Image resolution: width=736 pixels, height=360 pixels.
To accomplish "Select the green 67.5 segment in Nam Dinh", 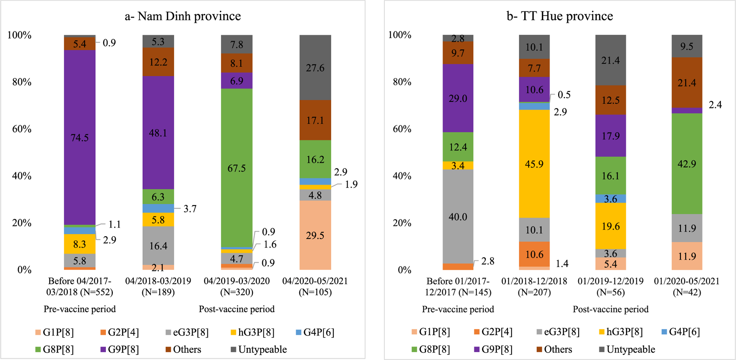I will pos(237,168).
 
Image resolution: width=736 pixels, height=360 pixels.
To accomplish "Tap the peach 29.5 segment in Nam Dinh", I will pos(315,235).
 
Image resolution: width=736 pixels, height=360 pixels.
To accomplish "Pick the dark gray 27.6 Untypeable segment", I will pos(315,67).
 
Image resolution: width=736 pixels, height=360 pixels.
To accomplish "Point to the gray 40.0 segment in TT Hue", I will pos(458,217).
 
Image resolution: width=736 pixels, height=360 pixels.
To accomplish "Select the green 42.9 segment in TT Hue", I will pos(687,163).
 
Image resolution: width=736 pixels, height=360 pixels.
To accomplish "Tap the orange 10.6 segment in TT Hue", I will pos(534,254).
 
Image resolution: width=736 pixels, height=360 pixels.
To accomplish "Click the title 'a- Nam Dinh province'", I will pos(183,16).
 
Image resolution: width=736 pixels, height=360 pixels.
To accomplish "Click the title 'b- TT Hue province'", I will pos(560,16).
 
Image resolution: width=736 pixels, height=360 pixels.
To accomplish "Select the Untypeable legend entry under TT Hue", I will pos(626,350).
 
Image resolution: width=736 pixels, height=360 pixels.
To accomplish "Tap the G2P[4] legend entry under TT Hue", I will pos(492,332).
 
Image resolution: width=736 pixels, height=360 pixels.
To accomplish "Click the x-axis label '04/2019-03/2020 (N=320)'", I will pos(237,286).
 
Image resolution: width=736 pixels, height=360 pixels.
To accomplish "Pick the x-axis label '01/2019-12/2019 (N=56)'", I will pos(610,286).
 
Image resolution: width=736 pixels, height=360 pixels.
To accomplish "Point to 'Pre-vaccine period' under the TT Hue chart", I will pos(458,309).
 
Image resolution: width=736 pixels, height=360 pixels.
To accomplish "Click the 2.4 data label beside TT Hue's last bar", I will pos(715,105).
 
